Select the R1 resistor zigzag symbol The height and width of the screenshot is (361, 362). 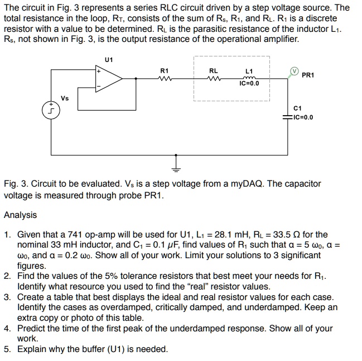click(x=163, y=79)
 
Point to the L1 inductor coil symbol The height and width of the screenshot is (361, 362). click(x=249, y=78)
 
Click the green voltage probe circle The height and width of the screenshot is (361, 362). click(x=292, y=72)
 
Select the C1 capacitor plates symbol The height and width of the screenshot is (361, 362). click(x=288, y=117)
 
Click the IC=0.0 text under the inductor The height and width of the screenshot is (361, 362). click(x=249, y=84)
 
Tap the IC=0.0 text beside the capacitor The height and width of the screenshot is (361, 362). click(x=303, y=117)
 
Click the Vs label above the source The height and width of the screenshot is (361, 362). click(x=65, y=98)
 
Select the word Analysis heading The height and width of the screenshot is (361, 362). click(x=21, y=215)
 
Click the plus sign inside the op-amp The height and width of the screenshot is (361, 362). click(x=99, y=72)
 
